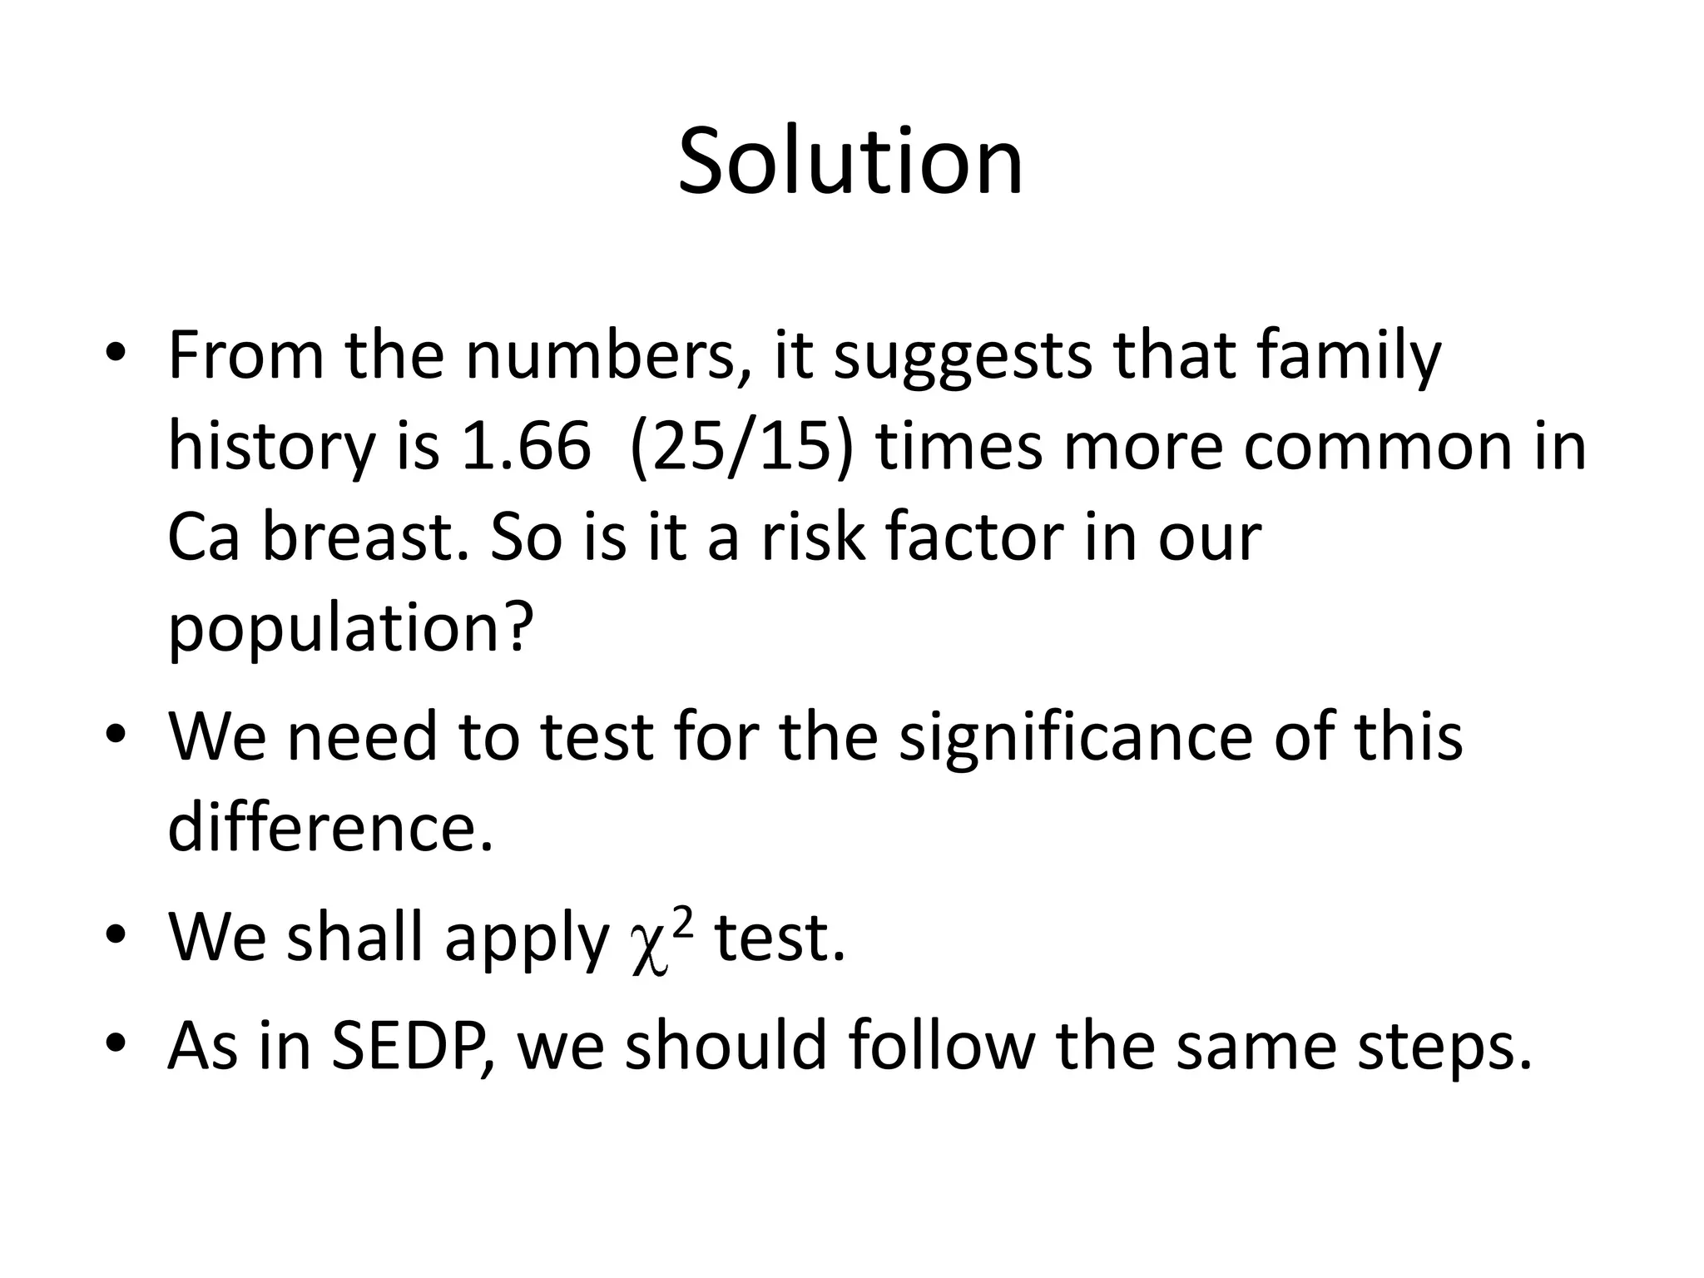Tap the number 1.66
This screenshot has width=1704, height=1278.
526,446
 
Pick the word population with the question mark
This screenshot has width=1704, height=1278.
349,629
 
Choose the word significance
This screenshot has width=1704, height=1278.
1075,737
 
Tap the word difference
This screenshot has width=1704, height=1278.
330,827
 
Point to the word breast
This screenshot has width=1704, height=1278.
366,537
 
